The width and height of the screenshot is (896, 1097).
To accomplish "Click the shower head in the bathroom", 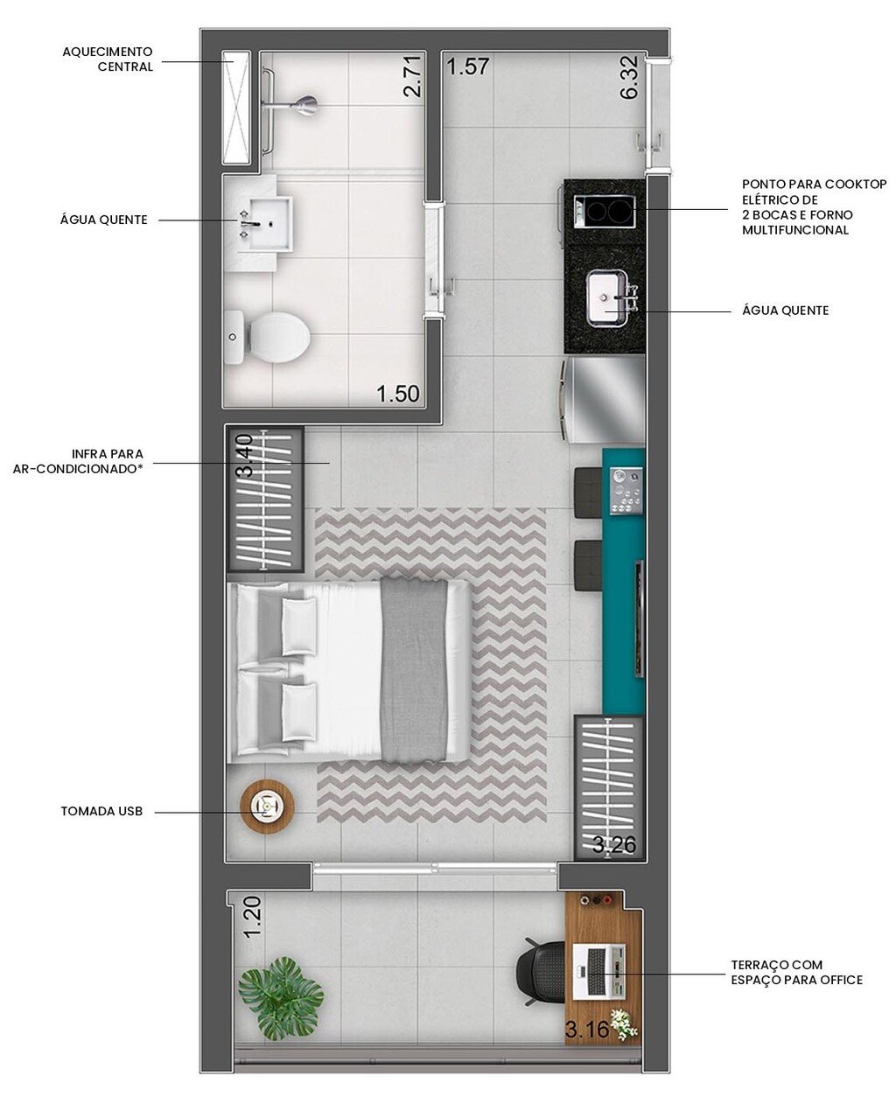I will [x=304, y=105].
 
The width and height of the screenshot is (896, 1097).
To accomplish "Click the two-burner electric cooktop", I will [x=604, y=211].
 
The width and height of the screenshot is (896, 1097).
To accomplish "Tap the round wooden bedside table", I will [x=266, y=806].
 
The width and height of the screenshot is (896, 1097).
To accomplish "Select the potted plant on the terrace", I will [x=281, y=996].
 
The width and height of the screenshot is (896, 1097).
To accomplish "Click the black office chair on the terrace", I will [x=542, y=972].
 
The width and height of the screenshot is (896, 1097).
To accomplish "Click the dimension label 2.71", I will [x=412, y=76].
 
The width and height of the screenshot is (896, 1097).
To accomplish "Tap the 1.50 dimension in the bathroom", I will [x=398, y=394].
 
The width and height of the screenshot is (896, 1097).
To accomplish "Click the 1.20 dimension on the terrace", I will [x=252, y=918].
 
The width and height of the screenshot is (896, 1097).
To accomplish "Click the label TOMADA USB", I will [x=101, y=812].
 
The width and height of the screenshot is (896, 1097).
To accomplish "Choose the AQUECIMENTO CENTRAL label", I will [x=108, y=59].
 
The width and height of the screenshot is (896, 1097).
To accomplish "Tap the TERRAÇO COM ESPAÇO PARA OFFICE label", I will [x=796, y=972].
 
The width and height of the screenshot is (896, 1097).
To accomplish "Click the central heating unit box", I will [x=235, y=108].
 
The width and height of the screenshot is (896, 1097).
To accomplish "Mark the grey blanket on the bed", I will [x=415, y=670].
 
